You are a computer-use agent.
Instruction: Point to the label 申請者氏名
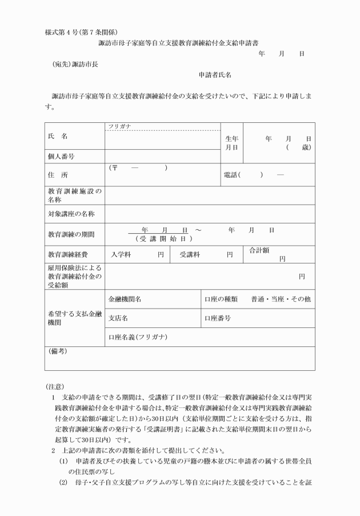[214, 75]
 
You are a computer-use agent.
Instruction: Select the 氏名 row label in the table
[58, 137]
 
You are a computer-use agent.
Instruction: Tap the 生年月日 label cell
[231, 142]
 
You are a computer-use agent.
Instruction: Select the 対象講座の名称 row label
[71, 214]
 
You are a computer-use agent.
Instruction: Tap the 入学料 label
[121, 255]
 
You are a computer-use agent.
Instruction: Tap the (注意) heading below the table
[55, 387]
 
